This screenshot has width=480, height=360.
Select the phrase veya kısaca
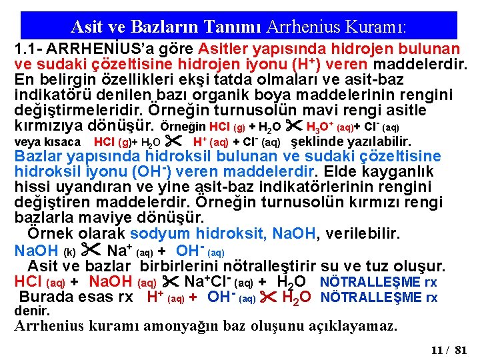pos(47,142)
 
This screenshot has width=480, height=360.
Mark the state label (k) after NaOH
pos(69,252)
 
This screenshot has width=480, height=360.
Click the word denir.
pos(32,311)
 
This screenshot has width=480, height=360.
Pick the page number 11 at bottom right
pos(437,349)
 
